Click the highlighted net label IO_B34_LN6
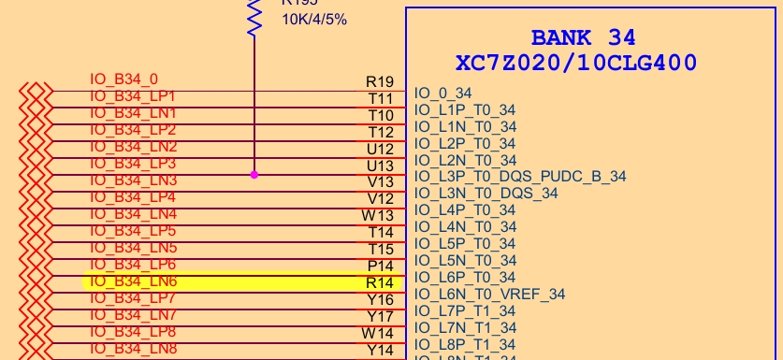point(134,281)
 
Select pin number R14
point(379,281)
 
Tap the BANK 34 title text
point(583,38)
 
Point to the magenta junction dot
point(254,175)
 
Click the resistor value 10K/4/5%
point(314,19)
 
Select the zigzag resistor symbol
point(254,17)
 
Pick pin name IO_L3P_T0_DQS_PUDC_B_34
point(520,176)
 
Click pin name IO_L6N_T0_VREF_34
point(489,294)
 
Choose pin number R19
point(379,82)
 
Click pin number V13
point(380,181)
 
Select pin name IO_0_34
point(442,93)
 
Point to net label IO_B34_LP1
point(133,96)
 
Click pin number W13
point(379,215)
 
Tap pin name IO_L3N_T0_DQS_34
point(486,193)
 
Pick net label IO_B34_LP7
point(133,298)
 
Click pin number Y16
point(380,299)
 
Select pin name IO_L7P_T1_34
point(465,310)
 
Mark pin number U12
point(380,149)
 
